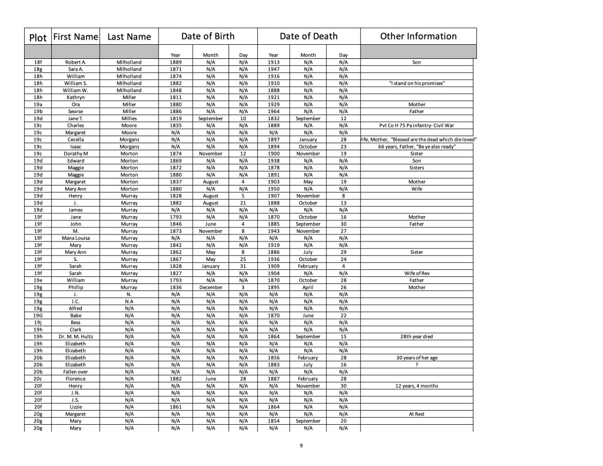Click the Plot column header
[x=38, y=37]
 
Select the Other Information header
[x=418, y=37]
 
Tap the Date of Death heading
[x=309, y=37]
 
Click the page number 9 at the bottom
[x=301, y=445]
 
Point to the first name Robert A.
[x=75, y=62]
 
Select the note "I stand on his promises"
[x=417, y=83]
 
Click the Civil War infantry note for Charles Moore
[x=417, y=125]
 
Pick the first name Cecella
[x=75, y=140]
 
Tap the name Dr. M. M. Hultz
[x=75, y=337]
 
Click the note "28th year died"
[x=417, y=337]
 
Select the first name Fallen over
[x=75, y=372]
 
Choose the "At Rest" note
[x=417, y=414]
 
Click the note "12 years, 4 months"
[x=417, y=386]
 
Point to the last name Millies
[x=129, y=118]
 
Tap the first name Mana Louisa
[x=75, y=238]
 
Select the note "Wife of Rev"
[x=417, y=273]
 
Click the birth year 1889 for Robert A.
[x=175, y=62]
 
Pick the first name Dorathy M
[x=75, y=154]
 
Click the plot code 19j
[x=38, y=323]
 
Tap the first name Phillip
[x=75, y=287]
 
